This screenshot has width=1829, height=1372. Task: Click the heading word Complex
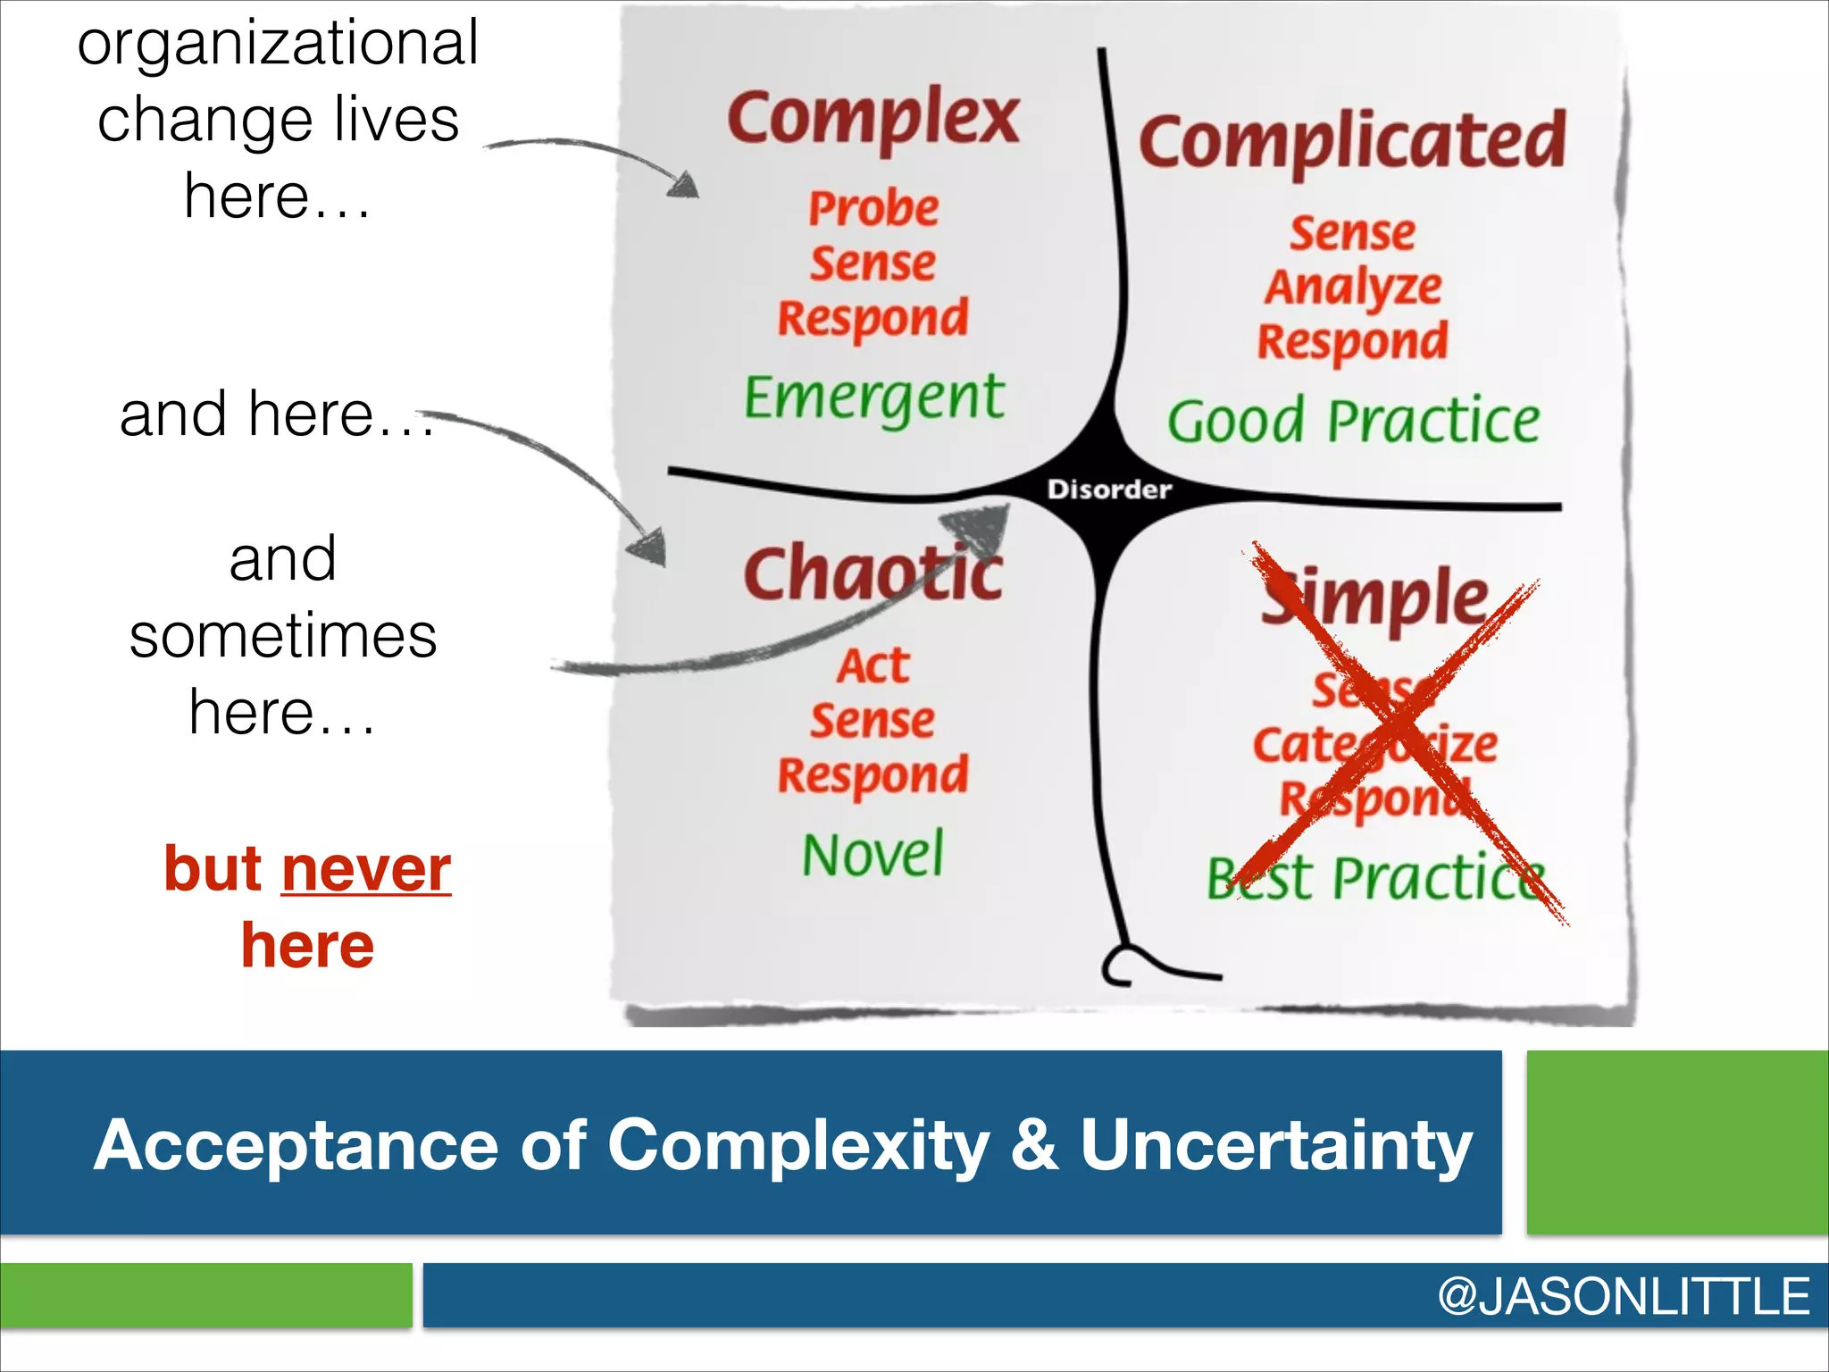pos(873,119)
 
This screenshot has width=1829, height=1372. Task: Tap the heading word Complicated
pos(1351,143)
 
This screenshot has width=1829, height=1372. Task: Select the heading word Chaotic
pos(873,573)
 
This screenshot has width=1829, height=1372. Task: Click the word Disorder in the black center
pos(1108,489)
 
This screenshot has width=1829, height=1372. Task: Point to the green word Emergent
pos(873,397)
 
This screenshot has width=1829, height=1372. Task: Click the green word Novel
pos(873,855)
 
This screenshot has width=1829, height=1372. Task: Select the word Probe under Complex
pos(873,209)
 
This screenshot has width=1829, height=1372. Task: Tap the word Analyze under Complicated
pos(1352,288)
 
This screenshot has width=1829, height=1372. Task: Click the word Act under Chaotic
pos(873,666)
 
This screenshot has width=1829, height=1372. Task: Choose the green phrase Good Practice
pos(1352,422)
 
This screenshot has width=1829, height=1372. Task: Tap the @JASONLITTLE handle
pos(1623,1296)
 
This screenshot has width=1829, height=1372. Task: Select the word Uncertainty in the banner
pos(1275,1146)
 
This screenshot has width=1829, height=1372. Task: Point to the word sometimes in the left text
pos(282,636)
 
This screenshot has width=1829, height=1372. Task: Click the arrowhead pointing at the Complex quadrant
pos(684,185)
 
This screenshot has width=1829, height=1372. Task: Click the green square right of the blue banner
pos(1677,1142)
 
